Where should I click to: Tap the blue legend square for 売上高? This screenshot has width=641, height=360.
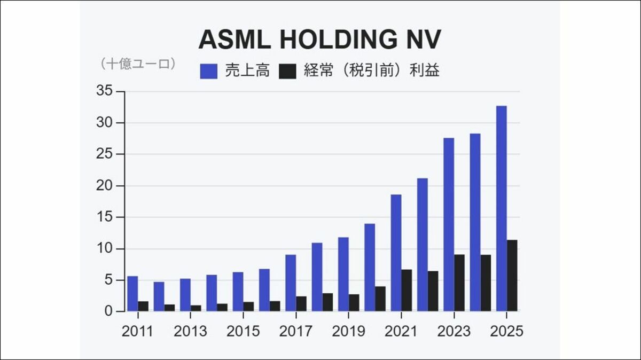(x=208, y=71)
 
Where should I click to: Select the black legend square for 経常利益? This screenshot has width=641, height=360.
(x=287, y=71)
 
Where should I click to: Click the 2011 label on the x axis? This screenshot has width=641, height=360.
(x=137, y=331)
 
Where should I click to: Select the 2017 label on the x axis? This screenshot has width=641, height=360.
(x=296, y=331)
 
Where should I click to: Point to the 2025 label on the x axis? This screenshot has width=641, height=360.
(x=507, y=331)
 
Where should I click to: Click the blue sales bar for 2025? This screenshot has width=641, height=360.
(x=501, y=208)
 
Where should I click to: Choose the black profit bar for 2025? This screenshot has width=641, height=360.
(x=512, y=276)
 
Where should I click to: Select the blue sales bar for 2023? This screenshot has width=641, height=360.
(x=449, y=224)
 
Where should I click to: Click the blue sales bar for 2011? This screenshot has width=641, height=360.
(x=132, y=294)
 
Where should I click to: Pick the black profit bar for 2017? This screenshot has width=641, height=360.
(x=301, y=304)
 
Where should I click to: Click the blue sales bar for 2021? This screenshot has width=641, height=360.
(x=396, y=253)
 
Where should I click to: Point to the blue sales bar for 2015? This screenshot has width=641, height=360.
(x=238, y=292)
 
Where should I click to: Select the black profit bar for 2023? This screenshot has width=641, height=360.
(x=459, y=283)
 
